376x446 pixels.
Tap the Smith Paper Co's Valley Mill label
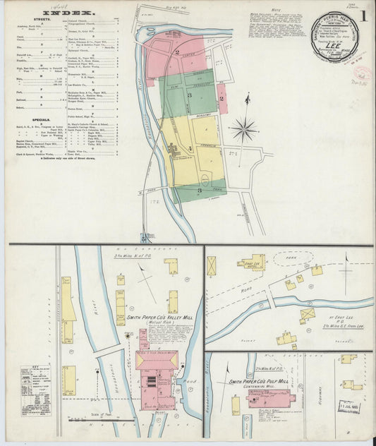coord(157,318)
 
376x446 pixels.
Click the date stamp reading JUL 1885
coord(348,406)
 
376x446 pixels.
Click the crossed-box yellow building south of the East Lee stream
coord(308,314)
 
